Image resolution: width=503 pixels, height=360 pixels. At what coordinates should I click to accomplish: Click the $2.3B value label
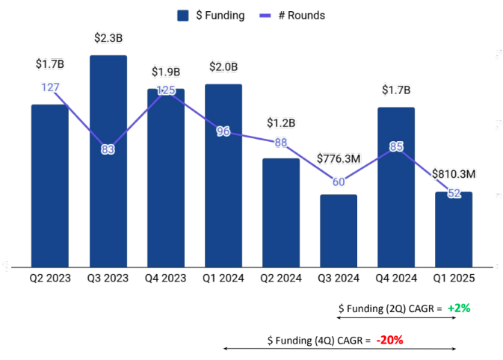coord(108,37)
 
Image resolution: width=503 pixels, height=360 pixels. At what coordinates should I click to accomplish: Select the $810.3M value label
coord(454,173)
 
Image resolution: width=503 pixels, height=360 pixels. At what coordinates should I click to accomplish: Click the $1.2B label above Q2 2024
coord(281,122)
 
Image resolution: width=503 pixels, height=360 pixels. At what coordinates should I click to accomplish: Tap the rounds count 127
coord(50,87)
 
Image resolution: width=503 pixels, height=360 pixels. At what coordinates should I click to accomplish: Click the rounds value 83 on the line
coord(108,149)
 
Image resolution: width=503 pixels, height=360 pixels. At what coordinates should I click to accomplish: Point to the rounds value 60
coord(339,181)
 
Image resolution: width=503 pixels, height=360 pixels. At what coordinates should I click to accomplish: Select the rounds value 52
coord(454,193)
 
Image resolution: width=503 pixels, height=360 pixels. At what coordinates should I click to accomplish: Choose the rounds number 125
coord(166,90)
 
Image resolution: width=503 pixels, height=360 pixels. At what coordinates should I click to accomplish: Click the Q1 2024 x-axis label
coord(223,277)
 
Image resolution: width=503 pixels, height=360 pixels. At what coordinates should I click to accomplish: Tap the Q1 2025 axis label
coord(454,277)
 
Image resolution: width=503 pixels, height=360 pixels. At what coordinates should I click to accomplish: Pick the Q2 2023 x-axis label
coord(50,277)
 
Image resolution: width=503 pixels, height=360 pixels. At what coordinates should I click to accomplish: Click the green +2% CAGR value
coord(459,308)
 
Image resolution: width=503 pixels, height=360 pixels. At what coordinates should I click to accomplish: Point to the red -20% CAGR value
coord(390,340)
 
